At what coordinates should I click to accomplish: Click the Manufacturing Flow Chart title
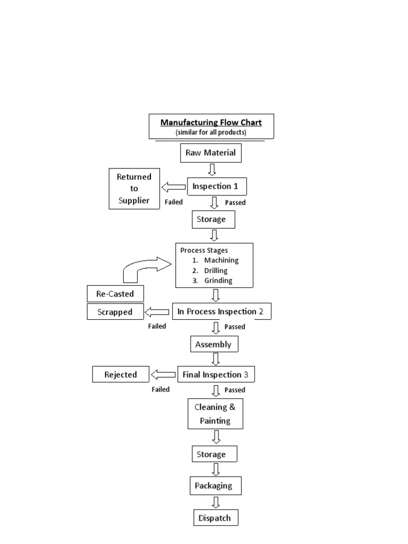(x=211, y=123)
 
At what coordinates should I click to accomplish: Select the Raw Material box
(x=211, y=154)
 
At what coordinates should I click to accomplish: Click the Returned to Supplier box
(x=134, y=189)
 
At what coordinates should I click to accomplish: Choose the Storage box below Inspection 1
(x=213, y=218)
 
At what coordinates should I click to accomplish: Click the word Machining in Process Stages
(x=221, y=260)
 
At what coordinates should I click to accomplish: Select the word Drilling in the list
(x=216, y=270)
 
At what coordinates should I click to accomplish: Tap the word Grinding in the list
(x=218, y=280)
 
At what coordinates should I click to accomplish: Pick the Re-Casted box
(x=115, y=293)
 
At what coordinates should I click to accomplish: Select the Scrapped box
(x=115, y=312)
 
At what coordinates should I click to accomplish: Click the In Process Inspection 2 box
(x=221, y=311)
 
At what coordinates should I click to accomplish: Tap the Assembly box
(x=214, y=344)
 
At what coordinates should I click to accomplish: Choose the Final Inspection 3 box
(x=216, y=375)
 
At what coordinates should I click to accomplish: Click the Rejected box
(x=121, y=375)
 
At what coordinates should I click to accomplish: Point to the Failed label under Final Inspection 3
(x=160, y=389)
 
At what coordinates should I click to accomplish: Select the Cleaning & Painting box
(x=216, y=414)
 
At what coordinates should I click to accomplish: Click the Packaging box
(x=214, y=486)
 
